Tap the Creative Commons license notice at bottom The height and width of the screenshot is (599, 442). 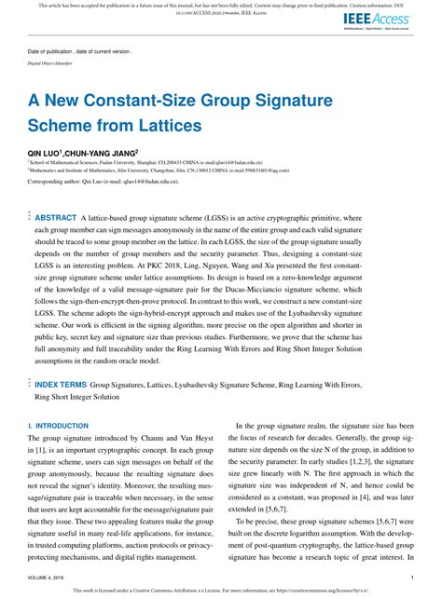[220, 591]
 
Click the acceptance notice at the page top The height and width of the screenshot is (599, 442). [220, 5]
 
